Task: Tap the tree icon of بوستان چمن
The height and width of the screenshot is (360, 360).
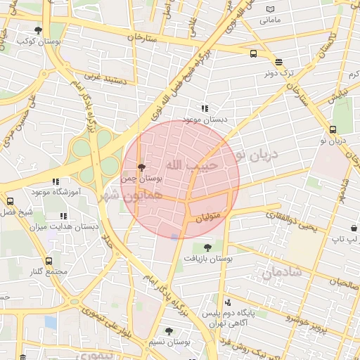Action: point(142,168)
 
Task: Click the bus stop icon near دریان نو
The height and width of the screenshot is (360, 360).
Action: point(333,129)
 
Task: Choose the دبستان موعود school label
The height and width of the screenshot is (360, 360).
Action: point(204,120)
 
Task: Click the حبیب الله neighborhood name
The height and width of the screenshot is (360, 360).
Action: point(192,165)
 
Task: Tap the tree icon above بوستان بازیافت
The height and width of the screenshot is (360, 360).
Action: point(207,247)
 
